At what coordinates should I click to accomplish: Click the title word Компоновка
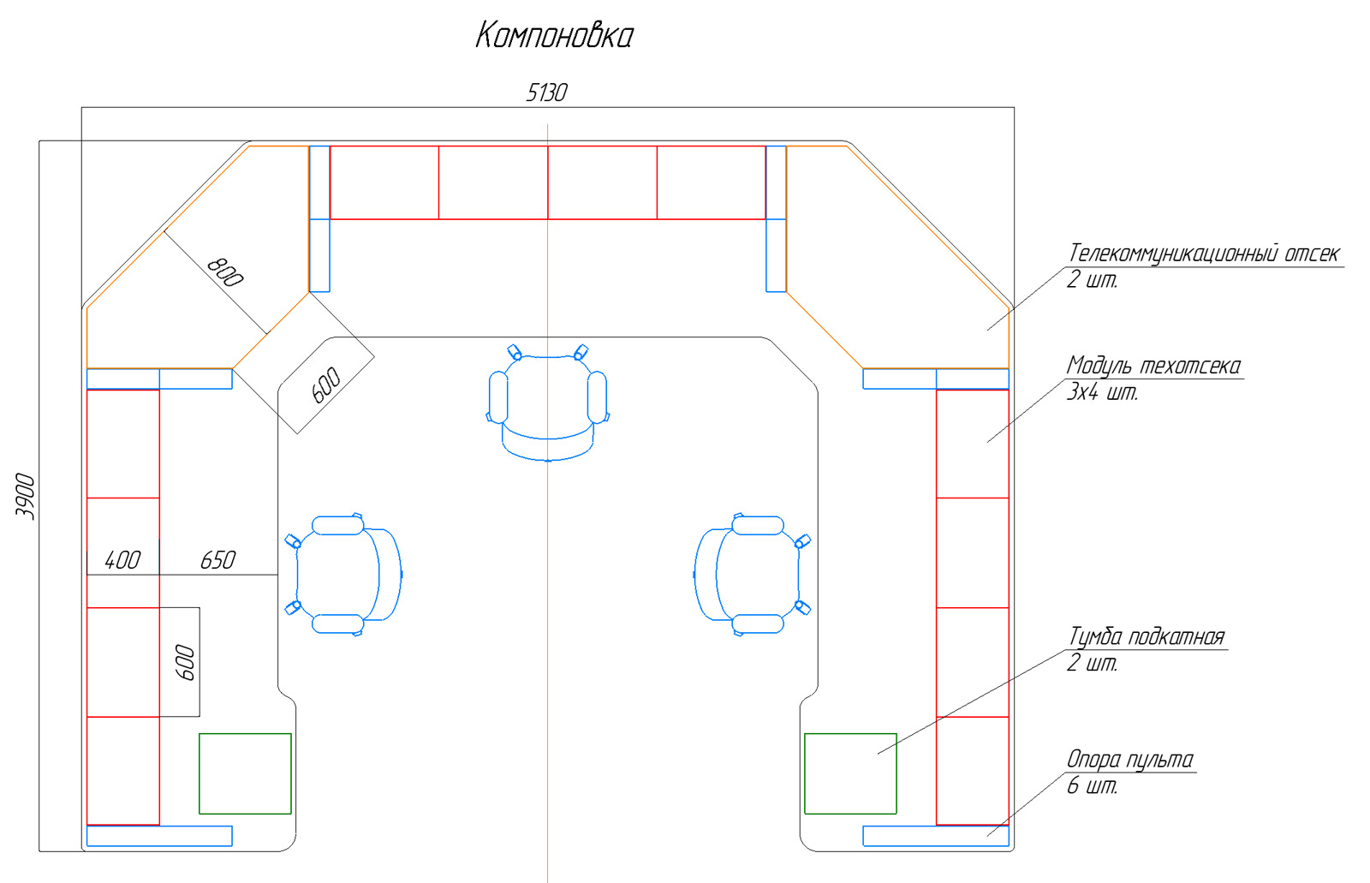tap(554, 35)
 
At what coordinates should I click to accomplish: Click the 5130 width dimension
tap(547, 93)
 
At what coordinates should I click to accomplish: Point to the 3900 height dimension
tap(25, 496)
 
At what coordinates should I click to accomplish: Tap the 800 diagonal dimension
tap(225, 272)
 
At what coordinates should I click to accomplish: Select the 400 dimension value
tap(122, 560)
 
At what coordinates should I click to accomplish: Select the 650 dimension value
tap(217, 560)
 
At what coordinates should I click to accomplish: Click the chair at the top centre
tap(547, 403)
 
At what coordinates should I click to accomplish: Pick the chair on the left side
tap(343, 575)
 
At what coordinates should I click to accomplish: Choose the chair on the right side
tap(752, 575)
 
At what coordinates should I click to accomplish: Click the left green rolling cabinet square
tap(245, 773)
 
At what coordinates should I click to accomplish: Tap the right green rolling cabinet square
tap(850, 773)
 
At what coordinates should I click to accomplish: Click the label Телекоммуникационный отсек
tap(1204, 254)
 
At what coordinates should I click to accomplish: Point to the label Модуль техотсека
tap(1153, 366)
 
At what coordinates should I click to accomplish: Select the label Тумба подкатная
tap(1147, 636)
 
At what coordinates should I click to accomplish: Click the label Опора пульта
tap(1130, 760)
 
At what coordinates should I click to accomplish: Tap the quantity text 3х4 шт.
tap(1102, 392)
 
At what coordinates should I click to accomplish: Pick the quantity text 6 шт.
tap(1093, 785)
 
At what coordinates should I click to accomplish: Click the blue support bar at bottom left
tap(159, 836)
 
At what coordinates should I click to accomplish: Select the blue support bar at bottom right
tap(936, 836)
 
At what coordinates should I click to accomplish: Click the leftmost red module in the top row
tap(384, 182)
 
